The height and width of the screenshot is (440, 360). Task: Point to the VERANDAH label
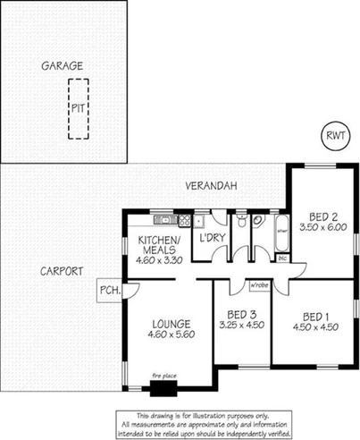pyautogui.click(x=210, y=186)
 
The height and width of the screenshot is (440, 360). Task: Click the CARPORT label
pyautogui.click(x=62, y=270)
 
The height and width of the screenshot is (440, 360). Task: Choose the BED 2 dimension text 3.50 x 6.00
pyautogui.click(x=322, y=228)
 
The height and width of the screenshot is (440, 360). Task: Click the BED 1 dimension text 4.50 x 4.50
pyautogui.click(x=314, y=327)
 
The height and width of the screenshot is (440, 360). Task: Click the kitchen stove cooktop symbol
pyautogui.click(x=185, y=219)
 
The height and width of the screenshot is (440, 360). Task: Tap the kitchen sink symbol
pyautogui.click(x=163, y=219)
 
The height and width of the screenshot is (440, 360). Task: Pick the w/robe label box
pyautogui.click(x=259, y=285)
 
